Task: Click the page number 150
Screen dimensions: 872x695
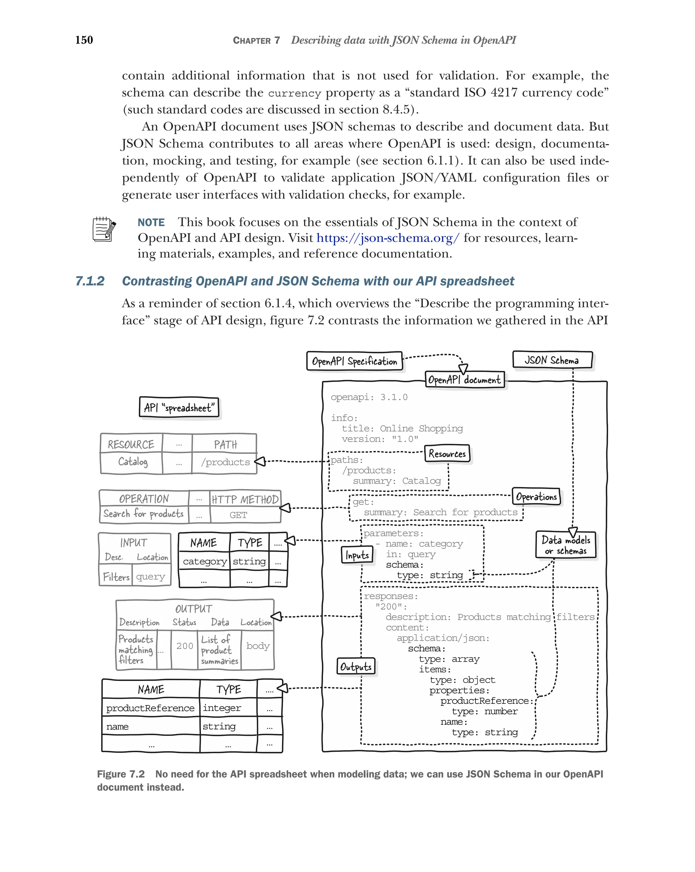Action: [84, 40]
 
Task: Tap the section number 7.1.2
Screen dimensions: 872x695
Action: [90, 281]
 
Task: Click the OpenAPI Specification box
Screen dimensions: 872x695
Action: [354, 361]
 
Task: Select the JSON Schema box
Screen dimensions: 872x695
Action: [552, 359]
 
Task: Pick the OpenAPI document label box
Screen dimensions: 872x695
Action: [465, 379]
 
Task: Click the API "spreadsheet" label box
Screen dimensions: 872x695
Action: [179, 407]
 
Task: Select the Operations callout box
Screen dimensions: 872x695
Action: [536, 496]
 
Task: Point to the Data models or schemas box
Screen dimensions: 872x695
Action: [566, 545]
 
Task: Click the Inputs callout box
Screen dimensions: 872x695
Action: [357, 555]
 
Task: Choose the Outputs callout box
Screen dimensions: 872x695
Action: [356, 666]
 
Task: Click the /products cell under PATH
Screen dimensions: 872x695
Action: [225, 462]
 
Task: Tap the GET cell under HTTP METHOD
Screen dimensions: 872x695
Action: [238, 515]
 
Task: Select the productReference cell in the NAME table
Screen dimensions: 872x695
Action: [150, 708]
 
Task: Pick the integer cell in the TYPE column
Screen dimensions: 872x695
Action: [222, 708]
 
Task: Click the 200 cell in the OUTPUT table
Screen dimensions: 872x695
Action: [185, 646]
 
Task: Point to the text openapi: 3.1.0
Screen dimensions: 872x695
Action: [369, 397]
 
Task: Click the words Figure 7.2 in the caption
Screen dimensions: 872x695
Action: [120, 774]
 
